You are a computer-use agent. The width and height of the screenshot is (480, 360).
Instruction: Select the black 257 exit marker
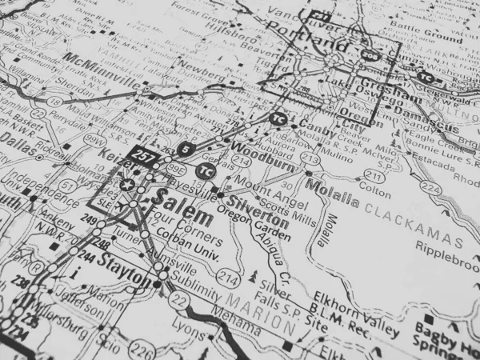(x=145, y=154)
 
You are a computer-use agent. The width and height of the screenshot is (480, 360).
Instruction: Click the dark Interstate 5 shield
(x=186, y=149)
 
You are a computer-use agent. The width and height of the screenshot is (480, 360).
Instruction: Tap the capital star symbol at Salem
(x=124, y=185)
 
